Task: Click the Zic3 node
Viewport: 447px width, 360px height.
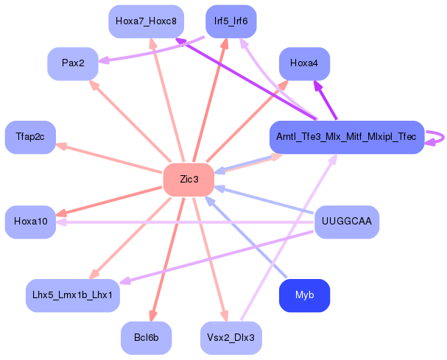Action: click(189, 180)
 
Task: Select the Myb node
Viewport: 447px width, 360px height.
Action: click(304, 295)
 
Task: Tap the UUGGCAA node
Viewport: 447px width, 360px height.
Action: click(347, 222)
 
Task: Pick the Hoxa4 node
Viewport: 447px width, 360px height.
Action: click(304, 64)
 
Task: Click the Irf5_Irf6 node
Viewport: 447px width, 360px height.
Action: click(230, 21)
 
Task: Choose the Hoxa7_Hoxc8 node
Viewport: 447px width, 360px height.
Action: click(146, 21)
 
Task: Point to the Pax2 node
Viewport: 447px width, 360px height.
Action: click(73, 63)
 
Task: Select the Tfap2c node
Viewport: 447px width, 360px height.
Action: click(30, 137)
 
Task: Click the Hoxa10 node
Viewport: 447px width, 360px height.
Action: click(30, 222)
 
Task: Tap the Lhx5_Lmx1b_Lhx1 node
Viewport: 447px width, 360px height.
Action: click(72, 294)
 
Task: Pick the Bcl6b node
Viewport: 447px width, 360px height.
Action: click(146, 338)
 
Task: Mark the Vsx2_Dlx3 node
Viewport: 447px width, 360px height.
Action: click(231, 338)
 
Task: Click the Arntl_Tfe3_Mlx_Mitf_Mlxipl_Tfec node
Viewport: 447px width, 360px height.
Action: click(346, 137)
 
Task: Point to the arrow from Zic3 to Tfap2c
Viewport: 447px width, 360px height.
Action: click(110, 159)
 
